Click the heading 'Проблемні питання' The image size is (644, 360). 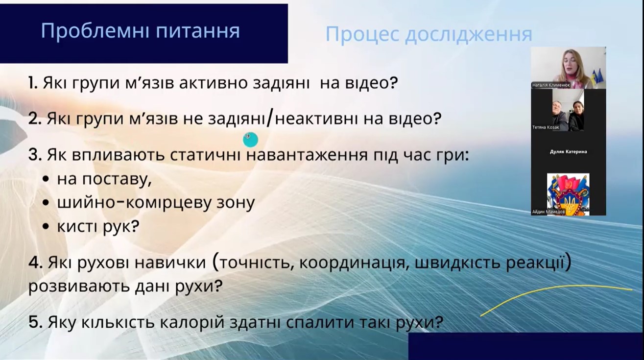(x=140, y=31)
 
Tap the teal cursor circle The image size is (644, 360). (x=250, y=140)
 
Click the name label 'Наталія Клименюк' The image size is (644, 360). (x=551, y=85)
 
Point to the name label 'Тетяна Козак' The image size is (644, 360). (x=546, y=127)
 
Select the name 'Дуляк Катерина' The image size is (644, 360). (x=569, y=151)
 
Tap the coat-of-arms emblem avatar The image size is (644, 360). (x=568, y=194)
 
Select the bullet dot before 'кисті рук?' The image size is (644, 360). (x=46, y=227)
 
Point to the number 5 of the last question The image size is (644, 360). (x=35, y=322)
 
